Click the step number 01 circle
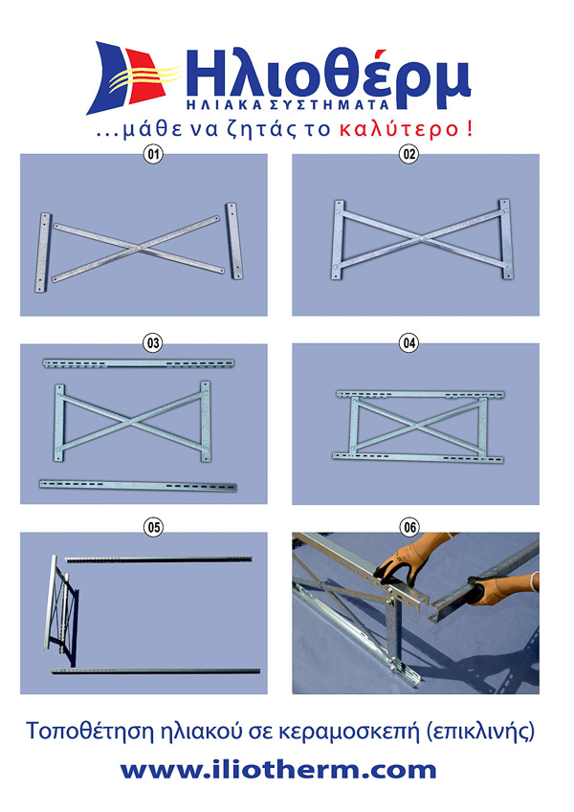153,154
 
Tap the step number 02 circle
409,154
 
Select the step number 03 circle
153,342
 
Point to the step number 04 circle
409,342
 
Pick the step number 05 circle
153,528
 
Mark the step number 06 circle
409,528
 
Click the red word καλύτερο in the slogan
399,129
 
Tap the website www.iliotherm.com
278,770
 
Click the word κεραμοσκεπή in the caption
349,733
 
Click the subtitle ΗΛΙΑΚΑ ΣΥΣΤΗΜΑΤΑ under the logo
288,104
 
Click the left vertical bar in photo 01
42,252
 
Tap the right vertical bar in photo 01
233,241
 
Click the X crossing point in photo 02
422,239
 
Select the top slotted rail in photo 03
139,363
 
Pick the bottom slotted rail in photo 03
138,485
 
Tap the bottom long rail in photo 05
155,671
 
